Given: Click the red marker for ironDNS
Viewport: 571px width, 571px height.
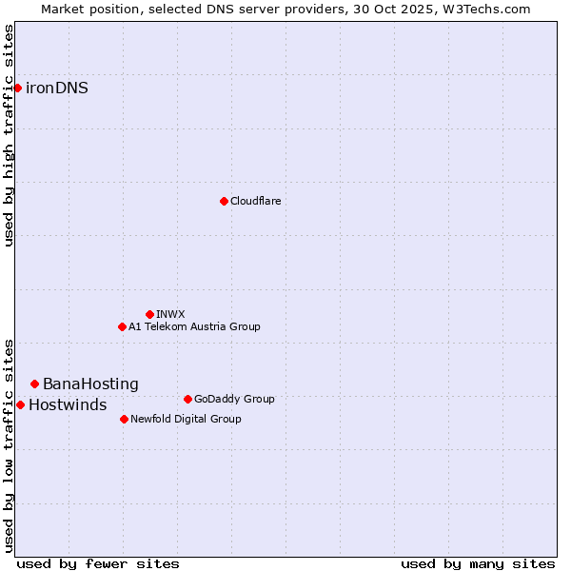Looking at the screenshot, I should [x=17, y=88].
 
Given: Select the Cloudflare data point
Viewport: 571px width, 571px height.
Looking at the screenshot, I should [x=224, y=201].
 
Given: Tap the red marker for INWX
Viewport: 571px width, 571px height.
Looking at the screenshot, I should [x=149, y=314].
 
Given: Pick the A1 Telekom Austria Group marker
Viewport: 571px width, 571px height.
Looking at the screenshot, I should [x=122, y=326].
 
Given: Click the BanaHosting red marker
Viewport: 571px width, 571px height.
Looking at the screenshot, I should [x=34, y=384].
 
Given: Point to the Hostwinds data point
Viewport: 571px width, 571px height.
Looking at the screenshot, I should [x=20, y=404].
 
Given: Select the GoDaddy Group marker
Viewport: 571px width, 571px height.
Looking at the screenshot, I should [x=187, y=399].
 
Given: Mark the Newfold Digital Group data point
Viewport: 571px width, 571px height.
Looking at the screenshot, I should [x=124, y=419].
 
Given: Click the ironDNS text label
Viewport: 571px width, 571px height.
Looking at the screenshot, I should [x=57, y=89].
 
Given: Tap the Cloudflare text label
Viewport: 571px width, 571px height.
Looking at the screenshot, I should [x=255, y=201].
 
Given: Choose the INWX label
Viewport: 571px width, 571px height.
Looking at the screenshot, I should [x=170, y=314].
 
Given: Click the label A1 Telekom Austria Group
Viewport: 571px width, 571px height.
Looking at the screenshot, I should [x=194, y=326].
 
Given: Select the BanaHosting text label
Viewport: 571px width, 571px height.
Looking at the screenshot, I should [x=90, y=384].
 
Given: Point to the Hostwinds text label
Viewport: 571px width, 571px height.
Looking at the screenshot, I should [x=68, y=405].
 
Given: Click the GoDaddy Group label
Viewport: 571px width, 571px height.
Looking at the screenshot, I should [x=234, y=399].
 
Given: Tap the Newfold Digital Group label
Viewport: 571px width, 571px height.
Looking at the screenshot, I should [x=186, y=419].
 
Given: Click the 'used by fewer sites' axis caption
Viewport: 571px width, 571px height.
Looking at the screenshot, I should [x=98, y=563].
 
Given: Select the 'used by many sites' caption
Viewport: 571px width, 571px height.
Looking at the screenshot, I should [x=478, y=563].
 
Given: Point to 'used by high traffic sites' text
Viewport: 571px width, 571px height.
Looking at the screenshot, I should [x=10, y=135].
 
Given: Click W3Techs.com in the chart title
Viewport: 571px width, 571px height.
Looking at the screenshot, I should [x=483, y=9].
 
